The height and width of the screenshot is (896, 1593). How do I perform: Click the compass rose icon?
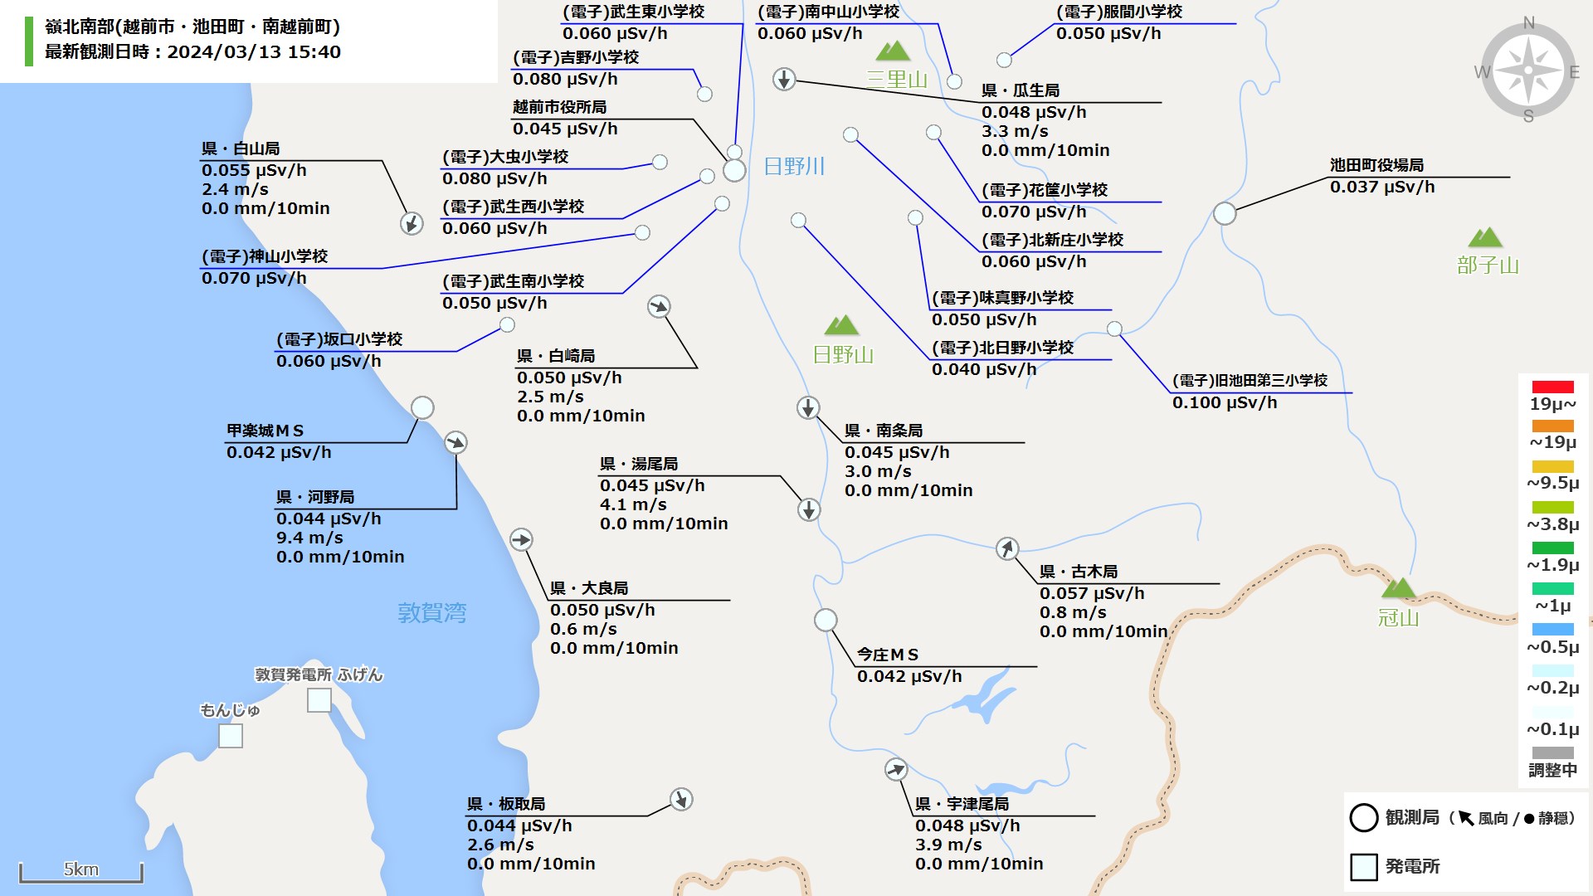pos(1528,71)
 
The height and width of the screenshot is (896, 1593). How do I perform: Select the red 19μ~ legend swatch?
pos(1552,387)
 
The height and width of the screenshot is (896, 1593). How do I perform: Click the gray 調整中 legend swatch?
pos(1552,752)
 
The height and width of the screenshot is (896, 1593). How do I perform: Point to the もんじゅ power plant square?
pos(231,736)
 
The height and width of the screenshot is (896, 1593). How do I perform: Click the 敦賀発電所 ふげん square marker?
pos(319,700)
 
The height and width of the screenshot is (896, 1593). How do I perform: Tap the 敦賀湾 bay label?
pos(431,613)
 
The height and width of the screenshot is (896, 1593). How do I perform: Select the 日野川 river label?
pos(794,167)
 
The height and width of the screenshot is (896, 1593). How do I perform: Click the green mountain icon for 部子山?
pos(1485,238)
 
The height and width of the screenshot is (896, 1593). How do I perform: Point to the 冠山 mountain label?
pos(1399,618)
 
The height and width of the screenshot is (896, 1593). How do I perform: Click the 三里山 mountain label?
pos(897,80)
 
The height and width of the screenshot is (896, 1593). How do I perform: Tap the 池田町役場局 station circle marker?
pos(1225,213)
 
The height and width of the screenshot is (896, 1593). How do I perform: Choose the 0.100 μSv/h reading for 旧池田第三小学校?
pos(1225,403)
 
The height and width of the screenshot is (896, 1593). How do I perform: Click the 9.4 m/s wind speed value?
pos(309,538)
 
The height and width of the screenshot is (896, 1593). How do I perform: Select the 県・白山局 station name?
pos(241,149)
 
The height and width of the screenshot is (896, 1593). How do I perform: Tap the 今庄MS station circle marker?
pos(826,620)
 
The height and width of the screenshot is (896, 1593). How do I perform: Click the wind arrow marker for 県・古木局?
pos(1007,548)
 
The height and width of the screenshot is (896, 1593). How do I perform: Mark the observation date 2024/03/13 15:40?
pos(254,52)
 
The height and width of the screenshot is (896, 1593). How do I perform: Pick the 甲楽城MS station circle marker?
pos(422,407)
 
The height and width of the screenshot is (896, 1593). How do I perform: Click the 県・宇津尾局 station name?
pos(962,805)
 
